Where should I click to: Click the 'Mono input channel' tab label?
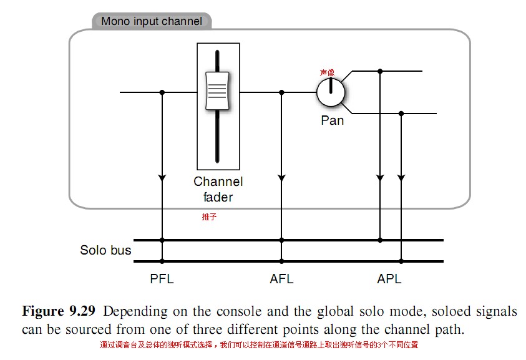(152, 21)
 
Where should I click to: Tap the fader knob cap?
(217, 91)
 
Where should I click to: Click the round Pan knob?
(331, 92)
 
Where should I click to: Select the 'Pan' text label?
(333, 120)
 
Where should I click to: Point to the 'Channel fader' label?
(218, 189)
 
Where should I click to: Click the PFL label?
(162, 279)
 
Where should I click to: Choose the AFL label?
(281, 279)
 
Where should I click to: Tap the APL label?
(389, 279)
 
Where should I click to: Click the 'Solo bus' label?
(105, 250)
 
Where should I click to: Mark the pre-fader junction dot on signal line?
(162, 92)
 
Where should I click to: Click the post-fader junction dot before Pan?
(281, 92)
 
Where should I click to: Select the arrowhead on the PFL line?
(162, 178)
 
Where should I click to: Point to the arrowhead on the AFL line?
(281, 178)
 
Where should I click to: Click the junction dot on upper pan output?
(380, 71)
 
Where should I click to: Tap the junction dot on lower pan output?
(401, 114)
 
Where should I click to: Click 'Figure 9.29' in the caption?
(59, 311)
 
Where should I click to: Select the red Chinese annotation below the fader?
(209, 216)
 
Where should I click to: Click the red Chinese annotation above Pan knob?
(327, 72)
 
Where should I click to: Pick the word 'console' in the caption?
(238, 311)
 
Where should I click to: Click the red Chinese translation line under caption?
(259, 345)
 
